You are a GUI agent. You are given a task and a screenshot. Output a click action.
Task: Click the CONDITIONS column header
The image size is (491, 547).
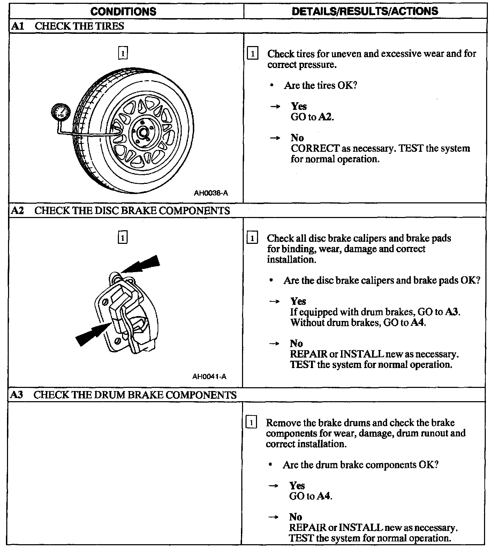[x=123, y=11]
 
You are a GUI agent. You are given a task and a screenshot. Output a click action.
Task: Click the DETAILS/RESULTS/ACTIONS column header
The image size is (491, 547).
[x=365, y=11]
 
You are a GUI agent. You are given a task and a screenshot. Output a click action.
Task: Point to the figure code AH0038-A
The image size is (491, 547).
[x=211, y=193]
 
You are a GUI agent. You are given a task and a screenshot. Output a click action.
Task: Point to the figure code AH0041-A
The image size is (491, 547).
[x=209, y=377]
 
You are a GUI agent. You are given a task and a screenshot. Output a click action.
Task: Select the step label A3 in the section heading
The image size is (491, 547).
[x=17, y=395]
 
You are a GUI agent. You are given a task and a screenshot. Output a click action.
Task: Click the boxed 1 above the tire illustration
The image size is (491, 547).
[x=123, y=53]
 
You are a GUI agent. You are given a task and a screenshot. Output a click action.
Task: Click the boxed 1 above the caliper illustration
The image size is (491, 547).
[x=122, y=238]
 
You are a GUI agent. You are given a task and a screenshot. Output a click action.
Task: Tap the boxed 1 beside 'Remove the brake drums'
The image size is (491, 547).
[x=251, y=422]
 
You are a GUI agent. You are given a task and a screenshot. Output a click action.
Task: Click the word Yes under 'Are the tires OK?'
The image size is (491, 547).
[x=299, y=106]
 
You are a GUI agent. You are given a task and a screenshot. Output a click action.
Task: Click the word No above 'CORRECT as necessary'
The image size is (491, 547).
[x=297, y=137]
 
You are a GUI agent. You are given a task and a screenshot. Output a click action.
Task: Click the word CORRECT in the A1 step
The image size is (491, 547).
[x=315, y=148]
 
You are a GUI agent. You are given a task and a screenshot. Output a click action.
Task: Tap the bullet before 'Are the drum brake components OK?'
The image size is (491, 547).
[x=271, y=465]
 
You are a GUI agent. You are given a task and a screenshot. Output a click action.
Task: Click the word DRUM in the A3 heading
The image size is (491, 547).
[x=112, y=395]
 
